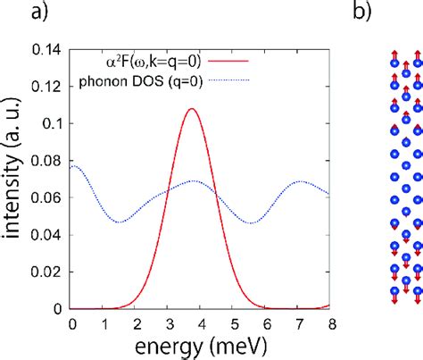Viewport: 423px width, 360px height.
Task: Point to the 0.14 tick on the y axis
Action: pyautogui.click(x=51, y=52)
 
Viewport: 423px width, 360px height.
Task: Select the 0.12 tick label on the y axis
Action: pyautogui.click(x=51, y=88)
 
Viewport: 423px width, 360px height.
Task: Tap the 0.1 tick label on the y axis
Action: pyautogui.click(x=55, y=125)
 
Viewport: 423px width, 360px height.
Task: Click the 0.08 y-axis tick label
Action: pyautogui.click(x=51, y=162)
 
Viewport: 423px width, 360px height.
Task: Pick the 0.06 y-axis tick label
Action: pyautogui.click(x=51, y=198)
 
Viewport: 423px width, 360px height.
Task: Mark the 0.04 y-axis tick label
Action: pyautogui.click(x=51, y=235)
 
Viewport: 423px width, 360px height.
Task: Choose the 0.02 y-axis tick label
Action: pyautogui.click(x=51, y=272)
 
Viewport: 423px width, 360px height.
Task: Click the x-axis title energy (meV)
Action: pyautogui.click(x=201, y=345)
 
